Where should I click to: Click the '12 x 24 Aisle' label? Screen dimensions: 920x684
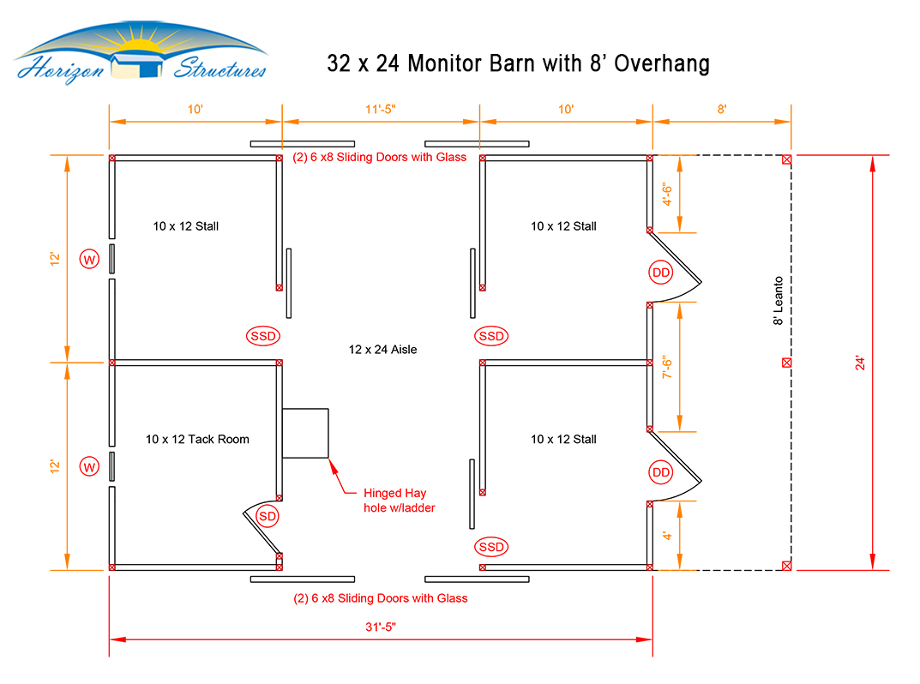click(382, 350)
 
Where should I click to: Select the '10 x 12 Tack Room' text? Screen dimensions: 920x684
click(197, 440)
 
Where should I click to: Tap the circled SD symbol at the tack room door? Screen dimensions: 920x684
click(268, 516)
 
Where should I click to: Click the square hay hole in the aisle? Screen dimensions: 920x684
click(305, 433)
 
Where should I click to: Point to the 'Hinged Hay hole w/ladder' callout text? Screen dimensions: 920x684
click(399, 501)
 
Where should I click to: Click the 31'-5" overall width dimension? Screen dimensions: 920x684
click(381, 627)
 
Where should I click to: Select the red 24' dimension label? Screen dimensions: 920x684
click(860, 363)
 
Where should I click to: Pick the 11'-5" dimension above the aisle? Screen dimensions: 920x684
click(381, 110)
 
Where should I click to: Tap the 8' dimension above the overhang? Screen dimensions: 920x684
click(722, 110)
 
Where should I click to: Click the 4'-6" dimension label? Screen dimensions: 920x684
click(668, 195)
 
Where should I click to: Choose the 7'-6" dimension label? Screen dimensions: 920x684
click(668, 367)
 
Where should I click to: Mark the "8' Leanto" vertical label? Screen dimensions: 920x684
click(778, 301)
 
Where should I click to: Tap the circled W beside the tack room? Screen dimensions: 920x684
click(89, 467)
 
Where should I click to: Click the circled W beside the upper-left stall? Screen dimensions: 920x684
click(89, 260)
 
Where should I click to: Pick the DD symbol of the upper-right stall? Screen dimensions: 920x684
click(661, 273)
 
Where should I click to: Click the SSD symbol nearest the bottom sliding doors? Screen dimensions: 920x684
click(491, 547)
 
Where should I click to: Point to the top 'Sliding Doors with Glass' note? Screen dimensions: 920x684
click(380, 157)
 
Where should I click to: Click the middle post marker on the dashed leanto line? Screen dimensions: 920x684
click(787, 363)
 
